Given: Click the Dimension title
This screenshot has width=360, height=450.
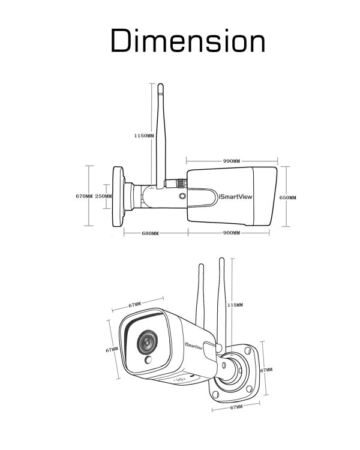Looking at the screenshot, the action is (x=188, y=40).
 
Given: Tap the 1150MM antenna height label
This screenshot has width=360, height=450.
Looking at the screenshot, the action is (x=144, y=136).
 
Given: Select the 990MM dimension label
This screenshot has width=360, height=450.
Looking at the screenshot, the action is (x=232, y=161).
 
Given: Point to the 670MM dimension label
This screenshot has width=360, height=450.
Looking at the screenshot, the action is (x=84, y=196).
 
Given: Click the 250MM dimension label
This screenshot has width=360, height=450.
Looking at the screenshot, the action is (x=104, y=196).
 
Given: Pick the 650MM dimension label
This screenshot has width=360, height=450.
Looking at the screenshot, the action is (x=287, y=198).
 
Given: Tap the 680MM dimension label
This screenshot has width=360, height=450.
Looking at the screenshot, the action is (x=150, y=233).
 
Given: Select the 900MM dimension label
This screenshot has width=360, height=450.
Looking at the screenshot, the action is (x=232, y=233).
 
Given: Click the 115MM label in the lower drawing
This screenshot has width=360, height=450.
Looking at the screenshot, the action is (x=235, y=305).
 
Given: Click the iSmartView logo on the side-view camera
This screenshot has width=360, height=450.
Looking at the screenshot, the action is (x=235, y=197).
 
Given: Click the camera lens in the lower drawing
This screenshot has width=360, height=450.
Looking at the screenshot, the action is (x=147, y=342).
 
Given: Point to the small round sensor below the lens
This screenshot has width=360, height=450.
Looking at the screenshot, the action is (x=148, y=360).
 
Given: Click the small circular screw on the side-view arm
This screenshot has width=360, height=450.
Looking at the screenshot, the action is (x=182, y=196).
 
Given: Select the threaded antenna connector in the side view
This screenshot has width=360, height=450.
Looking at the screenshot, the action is (x=175, y=182).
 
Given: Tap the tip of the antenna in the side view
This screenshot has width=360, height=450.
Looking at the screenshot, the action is (x=160, y=85).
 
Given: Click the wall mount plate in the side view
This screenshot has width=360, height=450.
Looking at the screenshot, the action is (x=118, y=197).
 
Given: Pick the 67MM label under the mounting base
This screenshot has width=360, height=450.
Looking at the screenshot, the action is (x=236, y=407).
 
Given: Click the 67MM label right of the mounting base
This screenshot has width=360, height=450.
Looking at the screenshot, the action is (x=266, y=370).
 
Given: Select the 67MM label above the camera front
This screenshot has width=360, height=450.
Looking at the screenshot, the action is (x=134, y=305).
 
